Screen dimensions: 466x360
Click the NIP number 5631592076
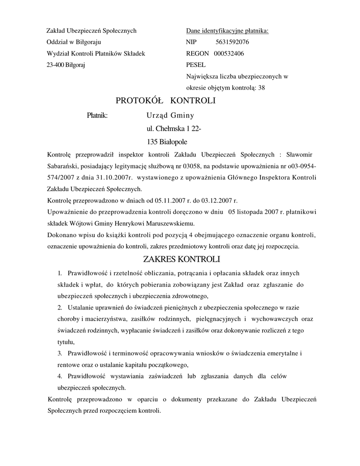[232, 42]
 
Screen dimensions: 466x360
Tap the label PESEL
[196, 65]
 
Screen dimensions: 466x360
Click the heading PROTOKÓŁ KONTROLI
[166, 101]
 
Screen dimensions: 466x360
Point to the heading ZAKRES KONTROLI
[181, 260]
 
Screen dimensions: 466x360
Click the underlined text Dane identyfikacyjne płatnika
[227, 31]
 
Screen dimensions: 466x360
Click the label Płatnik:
[97, 116]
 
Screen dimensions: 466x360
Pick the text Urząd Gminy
[170, 116]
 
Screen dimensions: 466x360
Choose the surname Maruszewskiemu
[168, 223]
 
